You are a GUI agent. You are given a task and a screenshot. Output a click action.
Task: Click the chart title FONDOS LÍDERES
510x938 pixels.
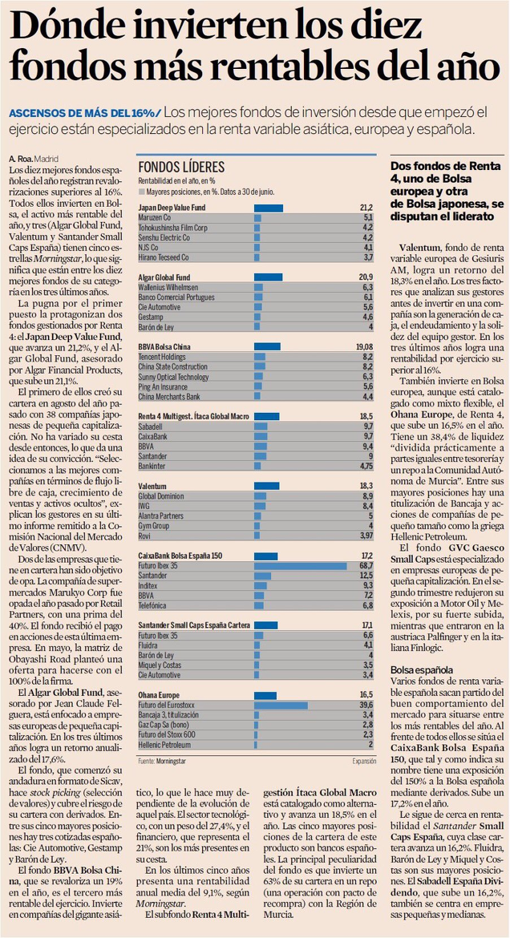tap(181, 167)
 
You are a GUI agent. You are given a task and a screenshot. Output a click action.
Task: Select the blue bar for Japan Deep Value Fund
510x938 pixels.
tap(268, 208)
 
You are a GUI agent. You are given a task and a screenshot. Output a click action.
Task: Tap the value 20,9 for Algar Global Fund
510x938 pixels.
tap(366, 277)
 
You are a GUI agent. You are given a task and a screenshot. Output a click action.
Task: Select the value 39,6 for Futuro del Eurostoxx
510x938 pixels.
tap(366, 705)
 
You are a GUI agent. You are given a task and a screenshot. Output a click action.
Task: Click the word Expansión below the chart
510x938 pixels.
tap(364, 760)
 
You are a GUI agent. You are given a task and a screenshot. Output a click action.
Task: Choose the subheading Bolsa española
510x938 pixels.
tap(421, 669)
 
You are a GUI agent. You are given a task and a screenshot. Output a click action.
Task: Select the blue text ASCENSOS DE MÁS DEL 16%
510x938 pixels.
tap(83, 111)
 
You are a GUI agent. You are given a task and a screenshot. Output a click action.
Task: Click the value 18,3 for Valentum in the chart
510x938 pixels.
tap(366, 487)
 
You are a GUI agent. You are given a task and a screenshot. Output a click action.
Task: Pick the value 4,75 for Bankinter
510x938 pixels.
tap(366, 465)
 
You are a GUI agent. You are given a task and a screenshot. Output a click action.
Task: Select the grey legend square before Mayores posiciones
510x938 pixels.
tap(141, 192)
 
